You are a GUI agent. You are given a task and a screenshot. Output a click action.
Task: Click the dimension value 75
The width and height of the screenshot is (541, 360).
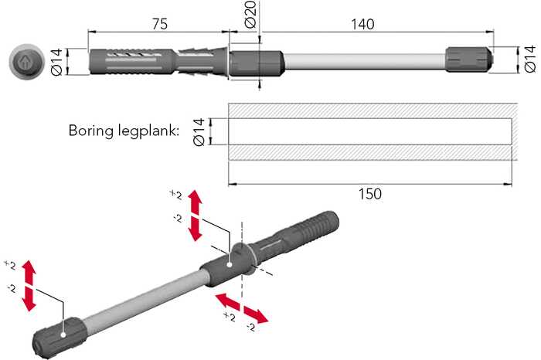click(160, 23)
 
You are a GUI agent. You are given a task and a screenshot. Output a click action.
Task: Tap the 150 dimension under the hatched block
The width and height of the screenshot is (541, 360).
click(369, 194)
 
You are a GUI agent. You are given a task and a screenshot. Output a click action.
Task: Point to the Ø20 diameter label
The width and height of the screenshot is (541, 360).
click(250, 15)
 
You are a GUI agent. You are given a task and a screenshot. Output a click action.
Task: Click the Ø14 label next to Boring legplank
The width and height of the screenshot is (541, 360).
click(197, 131)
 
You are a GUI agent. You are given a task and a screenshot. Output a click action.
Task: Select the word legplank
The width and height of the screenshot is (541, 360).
click(151, 131)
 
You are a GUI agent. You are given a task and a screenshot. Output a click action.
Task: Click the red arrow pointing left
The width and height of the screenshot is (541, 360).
click(226, 301)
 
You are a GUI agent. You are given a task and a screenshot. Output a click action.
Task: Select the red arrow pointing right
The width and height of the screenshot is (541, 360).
click(257, 314)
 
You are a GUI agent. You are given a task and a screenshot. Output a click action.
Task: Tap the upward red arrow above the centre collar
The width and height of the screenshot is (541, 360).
click(196, 202)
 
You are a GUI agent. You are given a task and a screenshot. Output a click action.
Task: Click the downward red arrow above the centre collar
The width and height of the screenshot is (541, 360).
click(196, 228)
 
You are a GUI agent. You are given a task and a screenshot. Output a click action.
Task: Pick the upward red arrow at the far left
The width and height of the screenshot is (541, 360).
click(29, 271)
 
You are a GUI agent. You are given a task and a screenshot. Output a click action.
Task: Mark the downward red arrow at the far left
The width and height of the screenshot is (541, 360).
click(29, 298)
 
